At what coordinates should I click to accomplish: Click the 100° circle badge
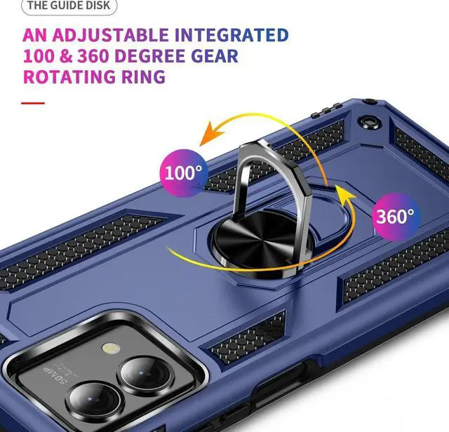[182, 170]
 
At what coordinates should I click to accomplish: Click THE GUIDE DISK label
[68, 6]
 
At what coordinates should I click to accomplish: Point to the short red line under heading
[32, 103]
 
